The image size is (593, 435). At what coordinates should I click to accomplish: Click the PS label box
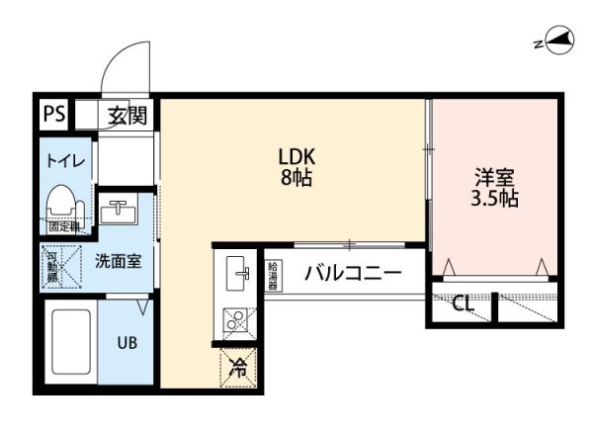[53, 114]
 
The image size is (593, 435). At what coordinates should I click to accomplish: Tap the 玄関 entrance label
[127, 115]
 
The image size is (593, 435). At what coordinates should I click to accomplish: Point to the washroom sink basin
[124, 212]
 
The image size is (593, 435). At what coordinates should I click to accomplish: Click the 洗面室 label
[118, 262]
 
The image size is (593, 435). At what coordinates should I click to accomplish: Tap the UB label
[127, 343]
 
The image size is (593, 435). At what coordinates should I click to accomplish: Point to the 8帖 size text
[296, 180]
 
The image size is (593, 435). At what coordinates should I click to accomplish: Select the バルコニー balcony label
[352, 273]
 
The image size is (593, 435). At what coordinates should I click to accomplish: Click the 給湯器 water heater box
[273, 274]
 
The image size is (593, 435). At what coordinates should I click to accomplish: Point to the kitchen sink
[237, 274]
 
